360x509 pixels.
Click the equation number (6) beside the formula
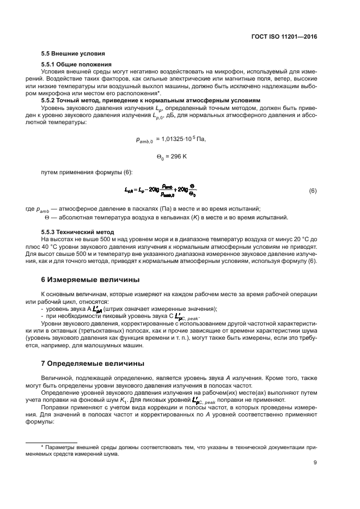[313, 191]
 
